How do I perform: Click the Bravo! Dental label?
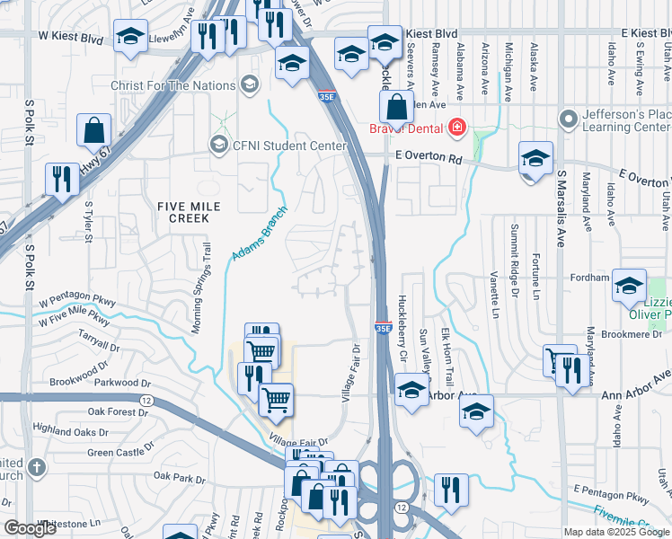[x=408, y=128]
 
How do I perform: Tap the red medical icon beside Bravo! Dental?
[x=457, y=128]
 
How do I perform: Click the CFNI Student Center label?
[x=277, y=146]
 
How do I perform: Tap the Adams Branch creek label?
[x=254, y=244]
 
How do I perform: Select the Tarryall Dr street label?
[x=98, y=342]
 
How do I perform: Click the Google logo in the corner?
[x=31, y=528]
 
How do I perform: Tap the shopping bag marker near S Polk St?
[x=93, y=132]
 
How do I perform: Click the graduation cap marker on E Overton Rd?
[x=535, y=160]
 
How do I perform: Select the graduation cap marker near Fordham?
[x=629, y=287]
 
